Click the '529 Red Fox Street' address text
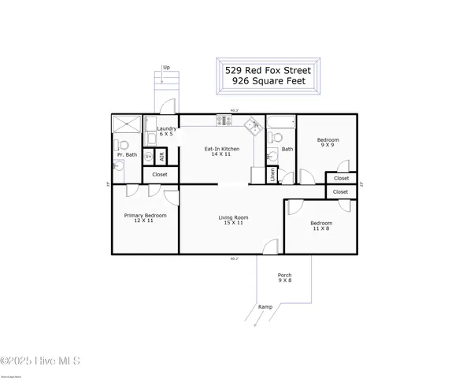[268, 70]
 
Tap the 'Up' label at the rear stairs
[165, 68]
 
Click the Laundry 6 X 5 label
[166, 131]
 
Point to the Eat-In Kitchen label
[222, 151]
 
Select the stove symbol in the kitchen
[224, 121]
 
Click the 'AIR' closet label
[161, 155]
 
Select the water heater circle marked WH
[148, 156]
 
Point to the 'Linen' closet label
[272, 176]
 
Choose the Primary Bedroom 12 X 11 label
[145, 217]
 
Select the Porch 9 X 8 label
[284, 278]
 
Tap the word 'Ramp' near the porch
[265, 306]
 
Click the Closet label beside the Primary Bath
[160, 174]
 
